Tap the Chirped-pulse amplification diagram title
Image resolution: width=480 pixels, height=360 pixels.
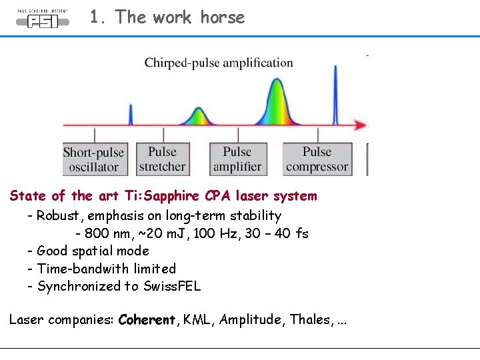pos(219,63)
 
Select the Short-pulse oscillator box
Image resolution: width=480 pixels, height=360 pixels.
pos(94,160)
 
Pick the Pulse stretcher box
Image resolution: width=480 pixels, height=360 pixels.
pos(162,160)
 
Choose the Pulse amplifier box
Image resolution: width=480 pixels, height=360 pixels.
pos(237,160)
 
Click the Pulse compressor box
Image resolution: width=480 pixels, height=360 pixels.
pos(317,160)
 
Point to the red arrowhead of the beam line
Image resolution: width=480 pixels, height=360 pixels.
pos(360,125)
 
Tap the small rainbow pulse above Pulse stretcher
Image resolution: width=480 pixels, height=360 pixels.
pos(197,116)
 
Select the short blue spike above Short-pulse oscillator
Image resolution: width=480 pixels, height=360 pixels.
pos(131,115)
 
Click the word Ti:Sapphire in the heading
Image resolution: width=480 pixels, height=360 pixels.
pos(163,196)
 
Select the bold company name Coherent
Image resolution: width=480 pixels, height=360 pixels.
pos(147,320)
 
